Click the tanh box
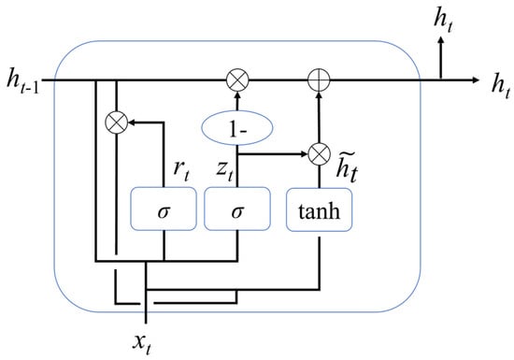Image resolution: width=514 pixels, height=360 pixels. (x=320, y=209)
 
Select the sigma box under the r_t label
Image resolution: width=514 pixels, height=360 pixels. (x=164, y=209)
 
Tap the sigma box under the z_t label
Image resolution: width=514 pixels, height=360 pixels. (x=237, y=209)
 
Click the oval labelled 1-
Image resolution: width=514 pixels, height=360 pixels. (x=237, y=128)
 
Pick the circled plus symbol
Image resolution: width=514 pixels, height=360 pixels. (x=319, y=80)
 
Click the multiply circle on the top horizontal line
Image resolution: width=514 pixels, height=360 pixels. (x=237, y=80)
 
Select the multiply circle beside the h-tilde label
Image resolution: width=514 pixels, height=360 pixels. (x=320, y=153)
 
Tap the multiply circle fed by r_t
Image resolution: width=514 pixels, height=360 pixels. (x=117, y=122)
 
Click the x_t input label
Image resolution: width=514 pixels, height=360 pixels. (x=142, y=344)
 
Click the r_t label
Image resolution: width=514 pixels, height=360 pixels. (x=181, y=170)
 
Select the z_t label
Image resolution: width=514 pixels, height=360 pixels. (x=224, y=170)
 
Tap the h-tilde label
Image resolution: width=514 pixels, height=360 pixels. (x=347, y=167)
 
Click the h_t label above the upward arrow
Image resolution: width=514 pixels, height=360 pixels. (x=443, y=22)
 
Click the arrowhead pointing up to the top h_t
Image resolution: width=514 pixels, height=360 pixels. (x=441, y=39)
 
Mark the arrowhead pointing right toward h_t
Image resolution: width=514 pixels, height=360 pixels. (x=476, y=80)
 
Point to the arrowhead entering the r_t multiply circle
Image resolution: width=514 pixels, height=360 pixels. (x=132, y=122)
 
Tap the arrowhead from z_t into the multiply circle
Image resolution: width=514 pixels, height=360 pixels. (x=305, y=153)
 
